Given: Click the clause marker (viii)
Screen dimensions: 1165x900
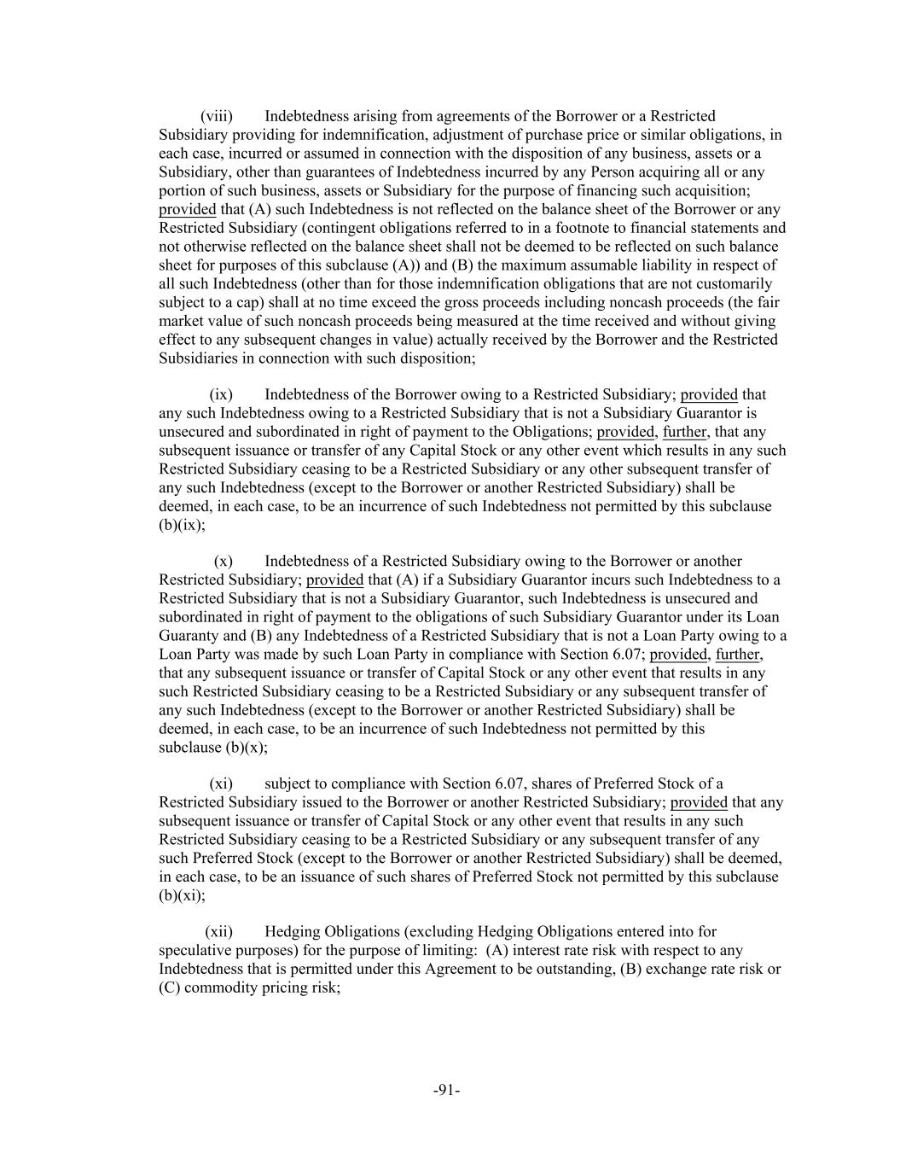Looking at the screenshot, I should pos(216,116).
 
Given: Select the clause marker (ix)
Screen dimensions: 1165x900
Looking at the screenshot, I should pos(220,394).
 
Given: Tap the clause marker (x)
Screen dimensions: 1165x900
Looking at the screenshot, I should pos(223,561).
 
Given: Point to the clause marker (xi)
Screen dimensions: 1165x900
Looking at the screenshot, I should pos(221,783).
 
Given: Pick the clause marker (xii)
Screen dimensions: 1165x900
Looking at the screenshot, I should pos(218,931).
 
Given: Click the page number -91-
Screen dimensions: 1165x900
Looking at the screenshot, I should pos(447,1090).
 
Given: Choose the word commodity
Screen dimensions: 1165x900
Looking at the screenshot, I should pos(213,987).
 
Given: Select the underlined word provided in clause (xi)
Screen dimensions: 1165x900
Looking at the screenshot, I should pos(699,802).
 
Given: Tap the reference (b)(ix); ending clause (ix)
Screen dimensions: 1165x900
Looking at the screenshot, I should pos(182,525).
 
